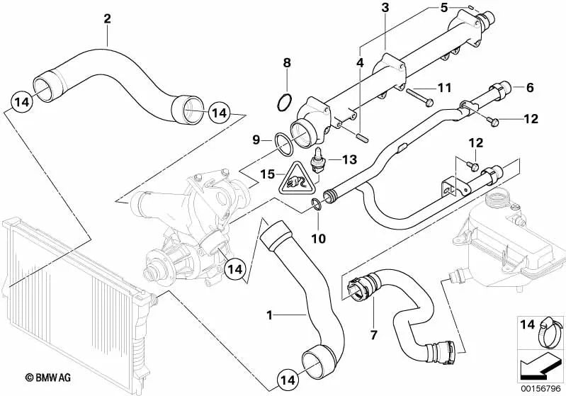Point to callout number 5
[444, 9]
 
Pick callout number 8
[286, 63]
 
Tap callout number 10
[318, 239]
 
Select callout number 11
[443, 89]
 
